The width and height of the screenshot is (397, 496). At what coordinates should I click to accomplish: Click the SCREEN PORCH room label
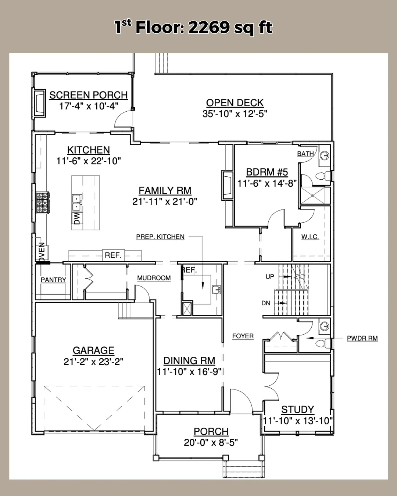[x=89, y=95]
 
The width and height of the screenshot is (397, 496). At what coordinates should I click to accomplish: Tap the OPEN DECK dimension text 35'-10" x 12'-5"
[x=235, y=114]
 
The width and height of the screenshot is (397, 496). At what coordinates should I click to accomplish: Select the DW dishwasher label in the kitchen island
[x=77, y=219]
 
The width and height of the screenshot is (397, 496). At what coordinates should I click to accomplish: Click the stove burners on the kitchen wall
[x=43, y=203]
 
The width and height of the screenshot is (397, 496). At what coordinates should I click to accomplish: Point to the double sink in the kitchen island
[x=76, y=202]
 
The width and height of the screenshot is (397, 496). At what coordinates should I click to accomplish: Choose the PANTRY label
[x=54, y=280]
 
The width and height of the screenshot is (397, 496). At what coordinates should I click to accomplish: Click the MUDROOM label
[x=154, y=278]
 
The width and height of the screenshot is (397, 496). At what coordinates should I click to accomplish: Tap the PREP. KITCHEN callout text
[x=160, y=237]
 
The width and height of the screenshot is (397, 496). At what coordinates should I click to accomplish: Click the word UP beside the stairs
[x=270, y=277]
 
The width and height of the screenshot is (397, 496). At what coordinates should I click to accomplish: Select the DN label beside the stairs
[x=266, y=303]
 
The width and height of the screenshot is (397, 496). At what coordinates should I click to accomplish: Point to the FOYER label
[x=243, y=336]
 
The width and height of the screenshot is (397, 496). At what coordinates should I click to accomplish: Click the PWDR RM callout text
[x=362, y=338]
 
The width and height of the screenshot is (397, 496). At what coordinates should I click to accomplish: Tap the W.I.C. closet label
[x=310, y=237]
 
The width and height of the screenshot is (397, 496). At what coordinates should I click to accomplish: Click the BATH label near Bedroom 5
[x=305, y=154]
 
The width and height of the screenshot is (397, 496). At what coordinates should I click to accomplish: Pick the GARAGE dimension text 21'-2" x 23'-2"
[x=93, y=362]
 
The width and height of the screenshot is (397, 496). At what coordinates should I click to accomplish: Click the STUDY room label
[x=298, y=410]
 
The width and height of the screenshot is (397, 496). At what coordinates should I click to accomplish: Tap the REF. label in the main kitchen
[x=113, y=255]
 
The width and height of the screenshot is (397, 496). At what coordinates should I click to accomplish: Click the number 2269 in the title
[x=209, y=28]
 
